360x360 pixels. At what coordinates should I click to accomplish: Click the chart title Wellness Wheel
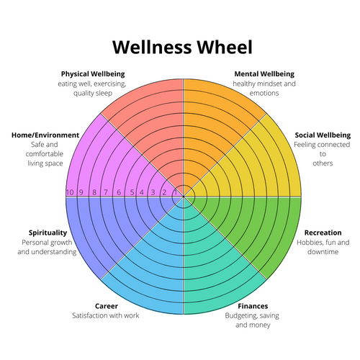click(x=183, y=48)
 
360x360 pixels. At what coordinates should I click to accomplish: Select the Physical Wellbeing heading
click(x=93, y=73)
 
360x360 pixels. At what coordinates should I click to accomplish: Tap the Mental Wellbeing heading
click(x=264, y=73)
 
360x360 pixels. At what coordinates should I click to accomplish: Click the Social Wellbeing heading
click(x=322, y=135)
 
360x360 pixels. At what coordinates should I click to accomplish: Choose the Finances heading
click(x=253, y=306)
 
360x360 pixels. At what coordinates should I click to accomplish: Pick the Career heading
click(x=106, y=306)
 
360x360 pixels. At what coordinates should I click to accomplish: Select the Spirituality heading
click(x=48, y=233)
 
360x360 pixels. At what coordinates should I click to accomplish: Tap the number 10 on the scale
click(x=70, y=192)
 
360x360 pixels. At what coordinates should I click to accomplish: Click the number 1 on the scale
click(x=174, y=192)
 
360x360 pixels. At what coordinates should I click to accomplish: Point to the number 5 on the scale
click(x=130, y=192)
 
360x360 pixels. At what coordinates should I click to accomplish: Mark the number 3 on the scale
click(x=153, y=192)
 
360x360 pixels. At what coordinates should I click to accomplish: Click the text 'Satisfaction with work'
click(x=106, y=315)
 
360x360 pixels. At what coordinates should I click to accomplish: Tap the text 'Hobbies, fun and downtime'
click(x=323, y=247)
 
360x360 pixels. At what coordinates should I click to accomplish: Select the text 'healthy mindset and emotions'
click(x=264, y=88)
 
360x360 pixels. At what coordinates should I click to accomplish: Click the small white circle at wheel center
click(x=184, y=194)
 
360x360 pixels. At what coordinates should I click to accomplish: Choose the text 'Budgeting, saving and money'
click(x=253, y=320)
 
